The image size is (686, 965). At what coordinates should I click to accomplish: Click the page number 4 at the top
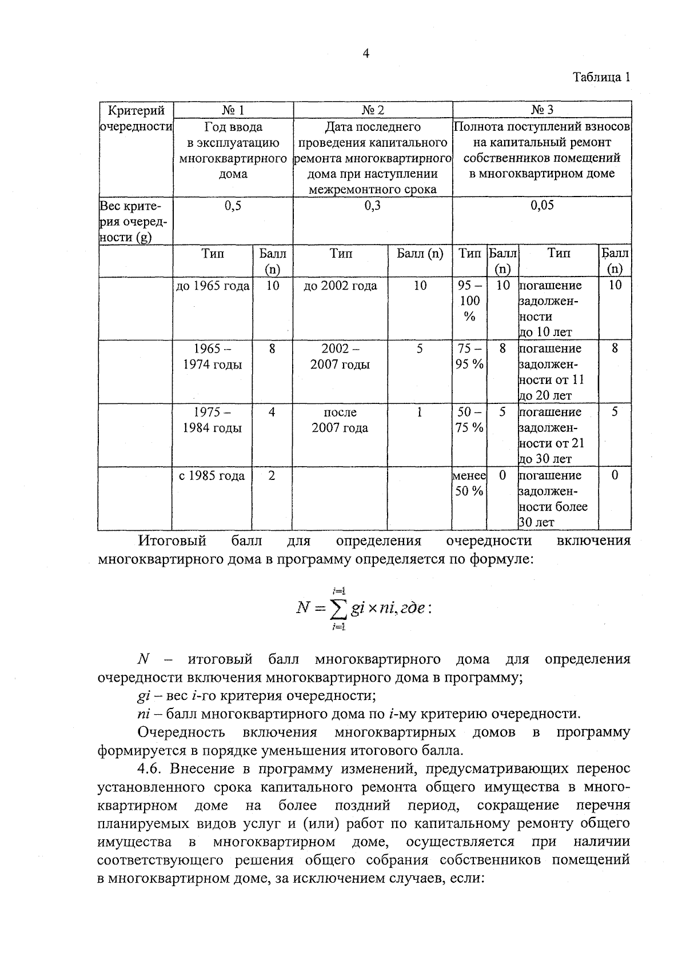tap(366, 54)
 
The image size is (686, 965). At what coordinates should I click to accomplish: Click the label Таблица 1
tap(601, 78)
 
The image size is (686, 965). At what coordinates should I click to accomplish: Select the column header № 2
tap(373, 110)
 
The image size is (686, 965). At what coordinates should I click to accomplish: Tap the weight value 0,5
tap(233, 206)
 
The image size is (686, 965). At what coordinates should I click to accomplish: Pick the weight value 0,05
tap(542, 206)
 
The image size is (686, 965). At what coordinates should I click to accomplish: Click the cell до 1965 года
tap(213, 286)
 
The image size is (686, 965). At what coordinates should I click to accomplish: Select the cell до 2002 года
tap(340, 286)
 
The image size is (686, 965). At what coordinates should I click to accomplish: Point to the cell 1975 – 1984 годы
tap(212, 420)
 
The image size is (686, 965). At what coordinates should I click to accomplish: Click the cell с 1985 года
tap(212, 476)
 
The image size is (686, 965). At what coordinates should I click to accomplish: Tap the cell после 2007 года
tap(340, 420)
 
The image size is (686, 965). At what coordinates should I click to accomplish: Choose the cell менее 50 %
tap(469, 483)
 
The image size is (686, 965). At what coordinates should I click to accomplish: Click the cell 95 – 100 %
tap(469, 301)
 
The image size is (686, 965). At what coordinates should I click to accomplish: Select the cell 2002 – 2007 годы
tap(340, 357)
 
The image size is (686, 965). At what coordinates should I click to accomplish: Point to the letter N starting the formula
tap(302, 608)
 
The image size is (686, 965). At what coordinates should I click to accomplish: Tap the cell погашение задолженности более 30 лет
tap(552, 499)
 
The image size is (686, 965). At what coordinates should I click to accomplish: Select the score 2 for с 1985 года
tap(272, 476)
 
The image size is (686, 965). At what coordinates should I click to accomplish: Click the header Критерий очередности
tap(136, 118)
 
